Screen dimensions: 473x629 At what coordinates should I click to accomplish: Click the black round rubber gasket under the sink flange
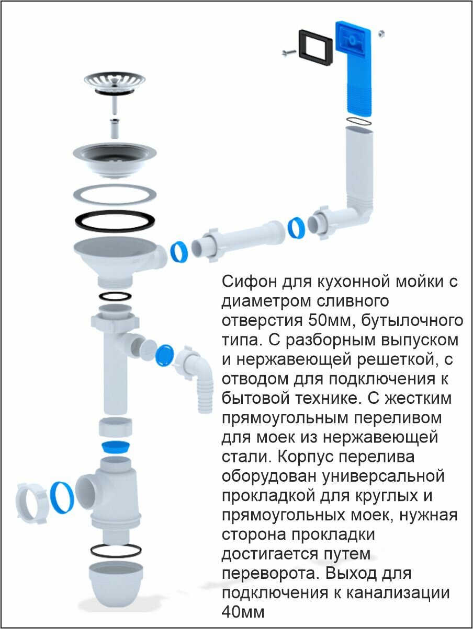(114, 221)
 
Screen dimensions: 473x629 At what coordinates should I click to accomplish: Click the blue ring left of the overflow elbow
(296, 228)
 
